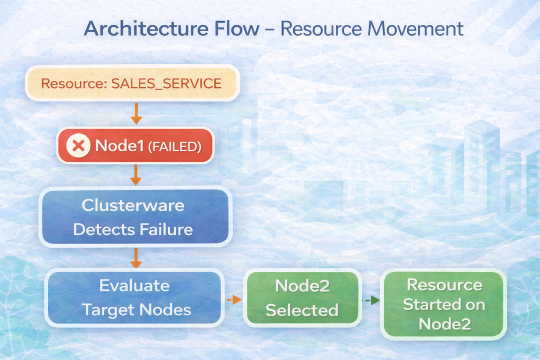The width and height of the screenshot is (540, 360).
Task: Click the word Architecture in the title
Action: pyautogui.click(x=147, y=28)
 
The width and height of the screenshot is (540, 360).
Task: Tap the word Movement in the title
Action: pyautogui.click(x=416, y=28)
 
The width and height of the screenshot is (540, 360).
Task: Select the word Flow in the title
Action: pyautogui.click(x=237, y=28)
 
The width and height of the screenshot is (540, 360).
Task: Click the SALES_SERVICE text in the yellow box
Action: pyautogui.click(x=166, y=84)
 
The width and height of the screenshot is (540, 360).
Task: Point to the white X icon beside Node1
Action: pyautogui.click(x=79, y=145)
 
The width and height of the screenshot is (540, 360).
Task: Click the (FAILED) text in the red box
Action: pyautogui.click(x=175, y=147)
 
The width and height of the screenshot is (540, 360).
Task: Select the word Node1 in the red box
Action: pyautogui.click(x=119, y=145)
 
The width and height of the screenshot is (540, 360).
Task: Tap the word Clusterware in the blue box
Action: pyautogui.click(x=133, y=206)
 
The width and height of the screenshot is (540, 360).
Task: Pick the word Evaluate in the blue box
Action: pyautogui.click(x=134, y=286)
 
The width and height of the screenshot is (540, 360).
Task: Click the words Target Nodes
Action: pyautogui.click(x=137, y=310)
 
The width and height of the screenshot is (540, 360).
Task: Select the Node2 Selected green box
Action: pyautogui.click(x=302, y=298)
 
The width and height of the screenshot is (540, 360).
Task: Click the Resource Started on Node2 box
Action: pyautogui.click(x=443, y=304)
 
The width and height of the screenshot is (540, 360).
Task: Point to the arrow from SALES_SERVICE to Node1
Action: pyautogui.click(x=137, y=113)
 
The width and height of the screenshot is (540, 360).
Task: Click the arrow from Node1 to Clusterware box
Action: pyautogui.click(x=136, y=175)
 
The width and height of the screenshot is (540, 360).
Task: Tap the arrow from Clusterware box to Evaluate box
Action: pyautogui.click(x=136, y=258)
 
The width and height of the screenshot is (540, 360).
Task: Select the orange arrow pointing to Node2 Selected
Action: pyautogui.click(x=234, y=300)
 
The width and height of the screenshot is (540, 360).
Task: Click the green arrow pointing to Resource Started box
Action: pyautogui.click(x=371, y=300)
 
